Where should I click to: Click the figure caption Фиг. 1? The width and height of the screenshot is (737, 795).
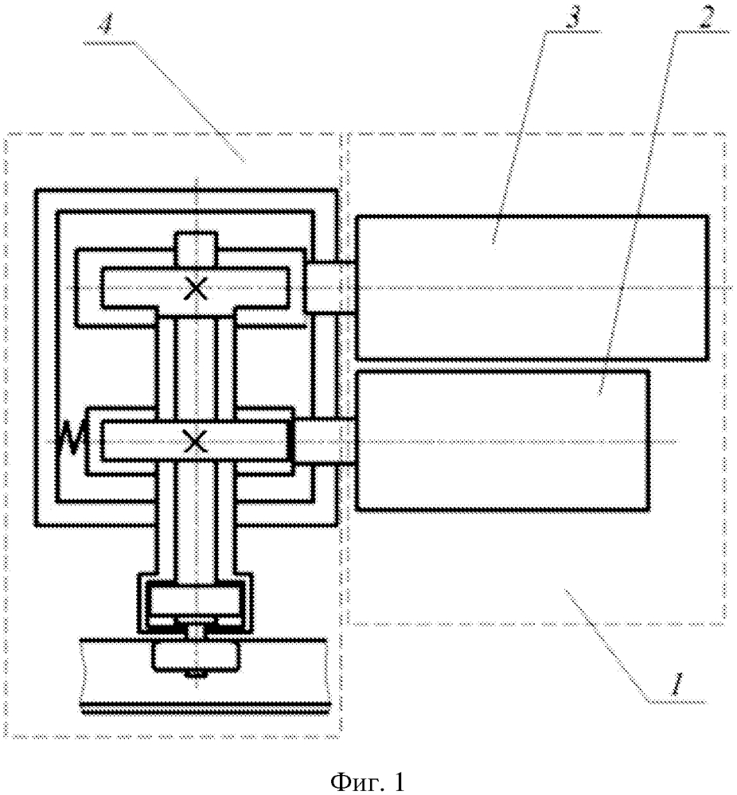click(x=368, y=781)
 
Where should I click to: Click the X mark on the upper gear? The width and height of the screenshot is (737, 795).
click(x=196, y=290)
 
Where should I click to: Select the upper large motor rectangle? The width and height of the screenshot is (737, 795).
click(x=531, y=287)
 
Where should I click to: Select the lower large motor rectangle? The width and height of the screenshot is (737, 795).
click(x=503, y=439)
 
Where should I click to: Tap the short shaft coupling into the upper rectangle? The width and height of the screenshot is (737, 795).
click(x=330, y=287)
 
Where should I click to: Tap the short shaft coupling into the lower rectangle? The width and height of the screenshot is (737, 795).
click(x=324, y=441)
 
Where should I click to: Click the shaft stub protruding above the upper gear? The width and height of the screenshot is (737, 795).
click(x=196, y=249)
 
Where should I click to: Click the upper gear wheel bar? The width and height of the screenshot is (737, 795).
click(x=196, y=288)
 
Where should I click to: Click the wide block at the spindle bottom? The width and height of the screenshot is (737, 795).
click(x=196, y=602)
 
